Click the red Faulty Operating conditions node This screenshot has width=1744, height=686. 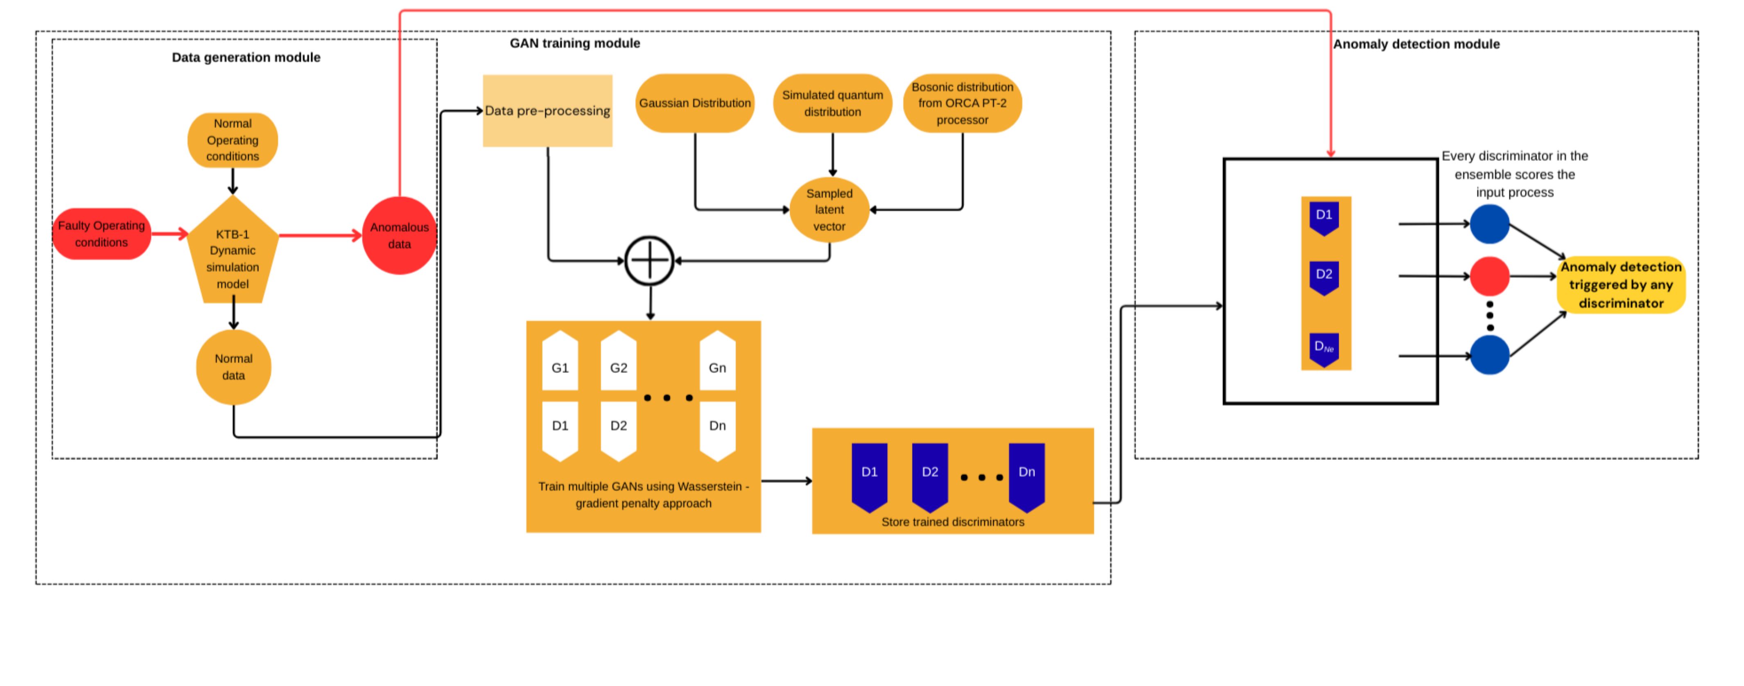click(x=102, y=234)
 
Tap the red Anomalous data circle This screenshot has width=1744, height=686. click(x=400, y=236)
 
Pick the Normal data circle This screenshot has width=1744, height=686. click(x=234, y=367)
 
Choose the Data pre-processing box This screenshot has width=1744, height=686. click(x=547, y=111)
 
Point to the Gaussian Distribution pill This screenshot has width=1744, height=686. click(x=695, y=103)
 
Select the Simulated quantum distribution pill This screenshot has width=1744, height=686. click(x=832, y=103)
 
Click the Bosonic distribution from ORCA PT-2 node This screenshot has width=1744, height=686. click(x=962, y=103)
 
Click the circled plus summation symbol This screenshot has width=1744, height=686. click(x=649, y=261)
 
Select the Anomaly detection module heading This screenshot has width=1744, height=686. click(x=1416, y=44)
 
